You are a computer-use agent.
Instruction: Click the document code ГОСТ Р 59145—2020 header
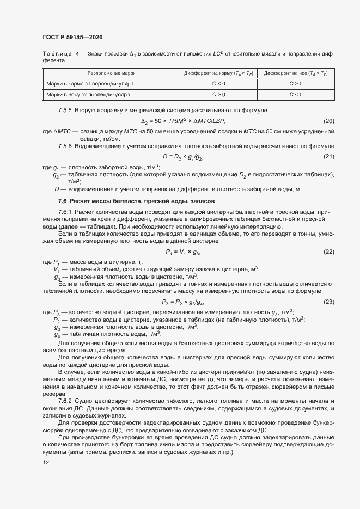(72, 37)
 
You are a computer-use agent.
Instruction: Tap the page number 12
(45, 463)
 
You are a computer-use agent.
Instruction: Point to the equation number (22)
(328, 252)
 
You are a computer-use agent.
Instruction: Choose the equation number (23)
(328, 302)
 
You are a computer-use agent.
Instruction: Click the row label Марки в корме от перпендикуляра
(90, 84)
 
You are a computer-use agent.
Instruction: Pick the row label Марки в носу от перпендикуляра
(88, 94)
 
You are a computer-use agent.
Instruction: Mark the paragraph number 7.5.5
(65, 111)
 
